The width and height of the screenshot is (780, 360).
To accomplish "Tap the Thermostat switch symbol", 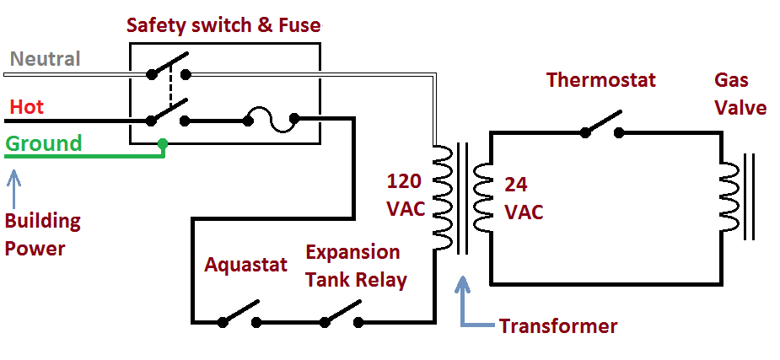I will click(x=602, y=126).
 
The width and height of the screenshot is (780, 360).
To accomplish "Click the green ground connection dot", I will click(x=163, y=144).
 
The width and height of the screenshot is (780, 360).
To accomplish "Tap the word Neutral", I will click(x=45, y=59).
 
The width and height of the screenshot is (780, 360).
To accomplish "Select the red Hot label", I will click(x=27, y=108).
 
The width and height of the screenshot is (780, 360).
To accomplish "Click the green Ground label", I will click(x=44, y=143).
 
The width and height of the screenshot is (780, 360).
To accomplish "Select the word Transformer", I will click(x=558, y=326).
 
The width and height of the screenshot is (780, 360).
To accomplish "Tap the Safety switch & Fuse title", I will click(x=223, y=25).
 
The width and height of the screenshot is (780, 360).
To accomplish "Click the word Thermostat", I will click(x=600, y=80).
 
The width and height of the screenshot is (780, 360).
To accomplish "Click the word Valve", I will click(x=740, y=109).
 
